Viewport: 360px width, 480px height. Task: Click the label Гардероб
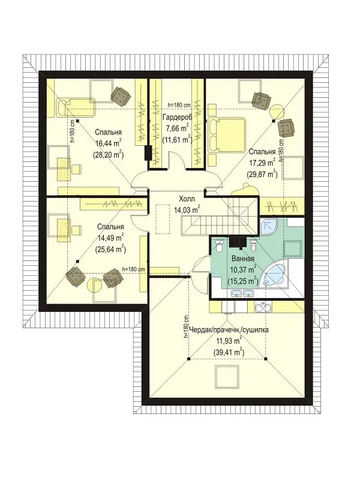[177, 117]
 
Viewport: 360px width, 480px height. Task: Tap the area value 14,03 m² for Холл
[187, 209]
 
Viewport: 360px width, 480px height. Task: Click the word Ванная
[243, 259]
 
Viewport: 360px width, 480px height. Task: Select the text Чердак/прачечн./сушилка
[229, 330]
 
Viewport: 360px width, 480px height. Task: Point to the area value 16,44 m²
[108, 143]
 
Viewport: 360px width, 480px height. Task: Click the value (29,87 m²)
[262, 174]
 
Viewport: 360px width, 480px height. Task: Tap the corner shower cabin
[268, 227]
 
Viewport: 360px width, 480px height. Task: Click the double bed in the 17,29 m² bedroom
[227, 136]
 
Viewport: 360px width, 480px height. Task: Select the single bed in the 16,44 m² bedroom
[76, 107]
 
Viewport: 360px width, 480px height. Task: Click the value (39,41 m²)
[229, 352]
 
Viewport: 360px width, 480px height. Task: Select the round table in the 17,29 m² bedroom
[278, 111]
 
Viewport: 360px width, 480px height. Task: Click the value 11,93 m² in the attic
[229, 341]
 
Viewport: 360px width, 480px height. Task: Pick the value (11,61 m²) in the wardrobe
[177, 139]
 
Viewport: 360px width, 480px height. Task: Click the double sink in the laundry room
[263, 308]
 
